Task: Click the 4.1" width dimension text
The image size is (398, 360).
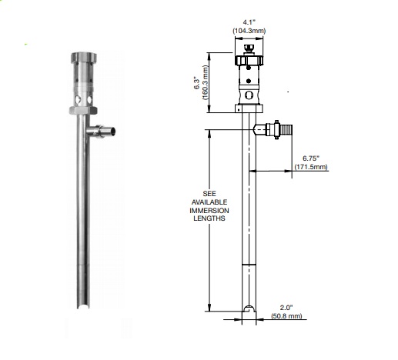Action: [x=248, y=22]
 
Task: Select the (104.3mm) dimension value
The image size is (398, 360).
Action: [x=248, y=30]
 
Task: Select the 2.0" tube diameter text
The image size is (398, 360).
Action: [x=286, y=306]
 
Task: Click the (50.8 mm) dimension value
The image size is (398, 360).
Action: [x=286, y=315]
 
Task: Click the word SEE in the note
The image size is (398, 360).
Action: [x=209, y=192]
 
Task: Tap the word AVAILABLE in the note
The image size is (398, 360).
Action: [x=209, y=201]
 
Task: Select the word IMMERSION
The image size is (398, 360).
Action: [x=209, y=209]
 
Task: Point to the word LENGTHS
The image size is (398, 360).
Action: [x=209, y=218]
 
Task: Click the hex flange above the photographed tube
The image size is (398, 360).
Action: [x=82, y=112]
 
